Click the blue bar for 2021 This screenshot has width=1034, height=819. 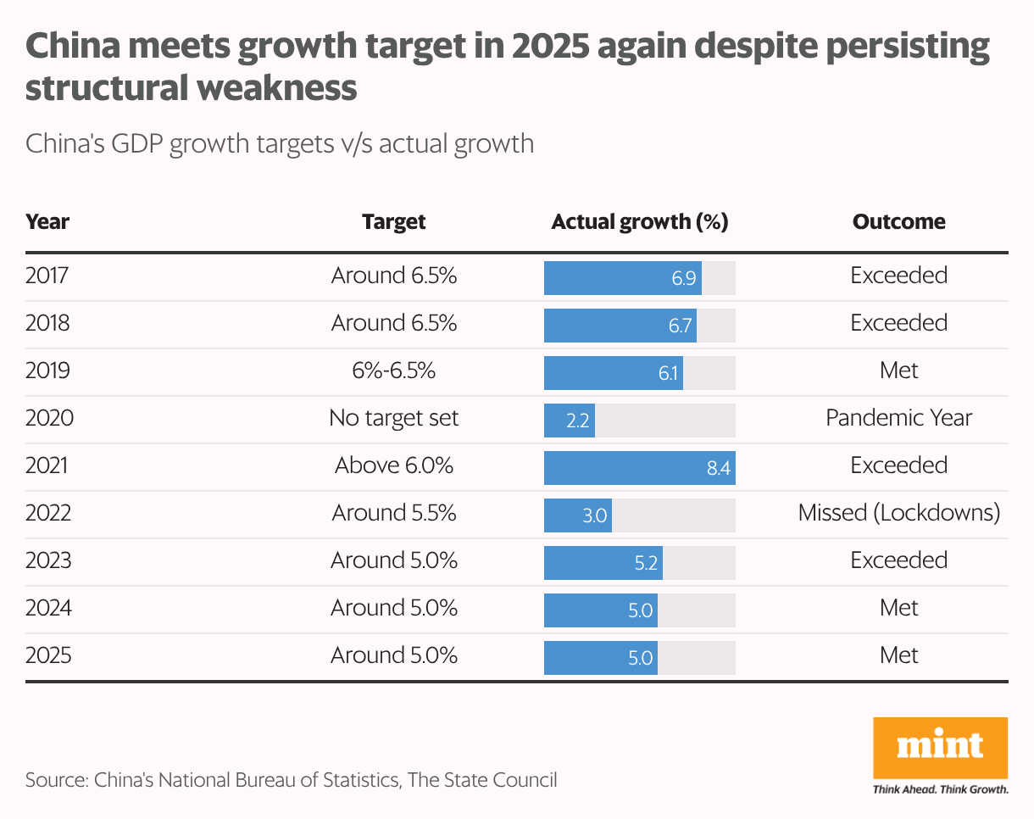[x=639, y=466]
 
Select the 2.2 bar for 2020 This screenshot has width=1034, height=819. [x=569, y=419]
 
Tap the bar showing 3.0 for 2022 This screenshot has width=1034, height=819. [x=577, y=514]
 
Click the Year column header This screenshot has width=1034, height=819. [x=47, y=222]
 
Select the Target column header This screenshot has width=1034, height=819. [x=393, y=222]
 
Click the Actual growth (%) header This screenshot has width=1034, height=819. [x=639, y=222]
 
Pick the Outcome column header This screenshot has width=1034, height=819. [x=898, y=222]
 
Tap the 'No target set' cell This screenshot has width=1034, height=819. [x=393, y=418]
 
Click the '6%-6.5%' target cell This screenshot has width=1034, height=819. [x=393, y=370]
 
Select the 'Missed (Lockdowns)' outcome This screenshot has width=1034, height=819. [x=898, y=513]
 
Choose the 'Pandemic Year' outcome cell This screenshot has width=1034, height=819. [x=898, y=418]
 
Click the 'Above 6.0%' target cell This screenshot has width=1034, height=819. [x=393, y=465]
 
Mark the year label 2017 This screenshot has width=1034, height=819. [x=47, y=276]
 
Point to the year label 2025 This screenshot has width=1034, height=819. [x=47, y=655]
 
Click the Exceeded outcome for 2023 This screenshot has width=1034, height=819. [x=898, y=560]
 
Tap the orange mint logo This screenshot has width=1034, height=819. [x=940, y=747]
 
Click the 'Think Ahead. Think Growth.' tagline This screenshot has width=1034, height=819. [x=940, y=789]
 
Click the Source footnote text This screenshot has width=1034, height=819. [x=292, y=779]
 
